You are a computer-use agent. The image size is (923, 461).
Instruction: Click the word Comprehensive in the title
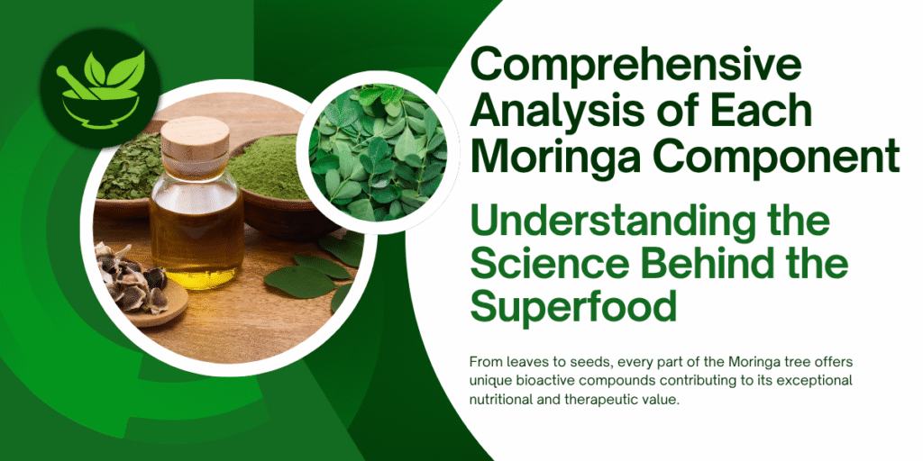[624, 65]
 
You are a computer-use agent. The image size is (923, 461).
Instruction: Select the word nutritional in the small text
[501, 400]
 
